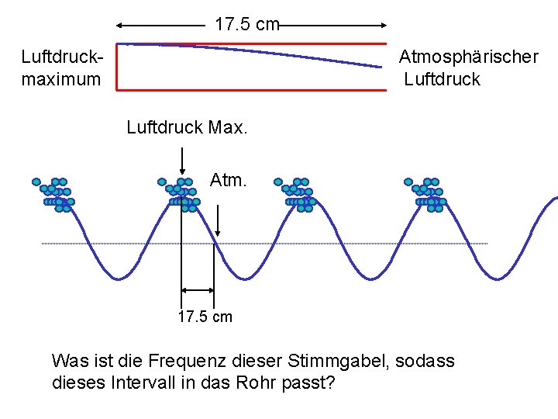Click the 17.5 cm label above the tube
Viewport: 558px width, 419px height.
click(246, 25)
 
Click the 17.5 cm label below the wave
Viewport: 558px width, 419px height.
click(205, 317)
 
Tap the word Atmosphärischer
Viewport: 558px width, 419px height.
click(468, 57)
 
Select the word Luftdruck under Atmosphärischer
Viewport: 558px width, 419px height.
click(443, 79)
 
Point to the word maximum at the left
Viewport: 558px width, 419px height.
click(61, 79)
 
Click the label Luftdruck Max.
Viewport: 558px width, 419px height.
click(187, 126)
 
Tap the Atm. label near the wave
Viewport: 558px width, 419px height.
click(228, 181)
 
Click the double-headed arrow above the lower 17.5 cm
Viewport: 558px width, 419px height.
click(198, 290)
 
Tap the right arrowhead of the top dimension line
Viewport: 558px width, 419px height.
click(384, 25)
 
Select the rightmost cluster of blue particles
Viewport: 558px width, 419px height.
click(425, 195)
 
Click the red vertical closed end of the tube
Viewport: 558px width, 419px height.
click(117, 67)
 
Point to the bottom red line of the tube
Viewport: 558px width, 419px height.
click(252, 90)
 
